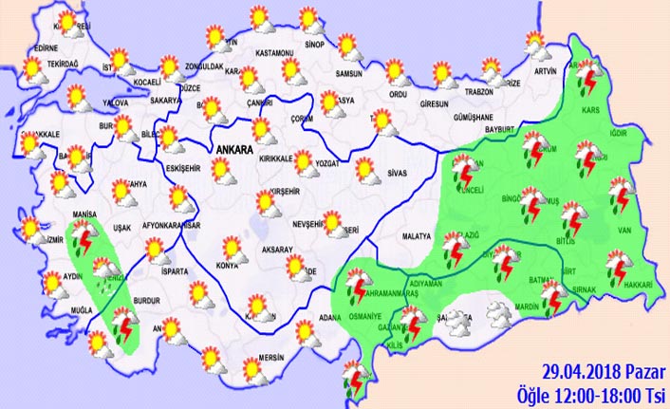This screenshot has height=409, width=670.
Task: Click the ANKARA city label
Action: click(233, 149)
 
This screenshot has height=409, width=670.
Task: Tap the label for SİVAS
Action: click(398, 174)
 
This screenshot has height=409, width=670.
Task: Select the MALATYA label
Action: click(417, 234)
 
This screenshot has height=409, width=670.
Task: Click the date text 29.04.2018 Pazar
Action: click(592, 374)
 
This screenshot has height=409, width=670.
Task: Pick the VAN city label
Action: click(624, 228)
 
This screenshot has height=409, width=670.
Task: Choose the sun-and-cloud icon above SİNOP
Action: click(310, 20)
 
